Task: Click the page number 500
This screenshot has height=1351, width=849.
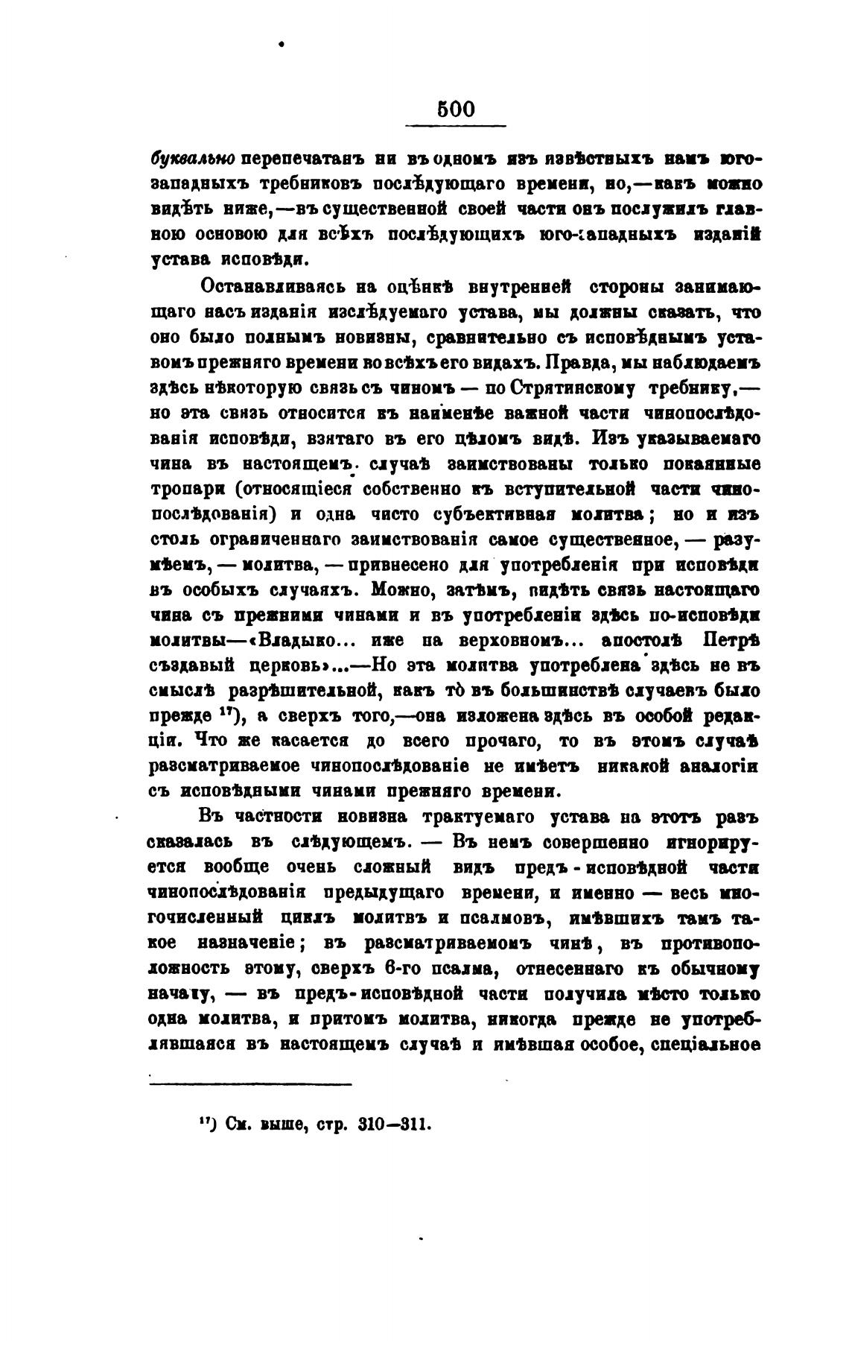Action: pos(456,109)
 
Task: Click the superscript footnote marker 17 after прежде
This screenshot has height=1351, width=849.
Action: pos(229,714)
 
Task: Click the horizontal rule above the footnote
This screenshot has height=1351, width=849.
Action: pos(250,1083)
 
